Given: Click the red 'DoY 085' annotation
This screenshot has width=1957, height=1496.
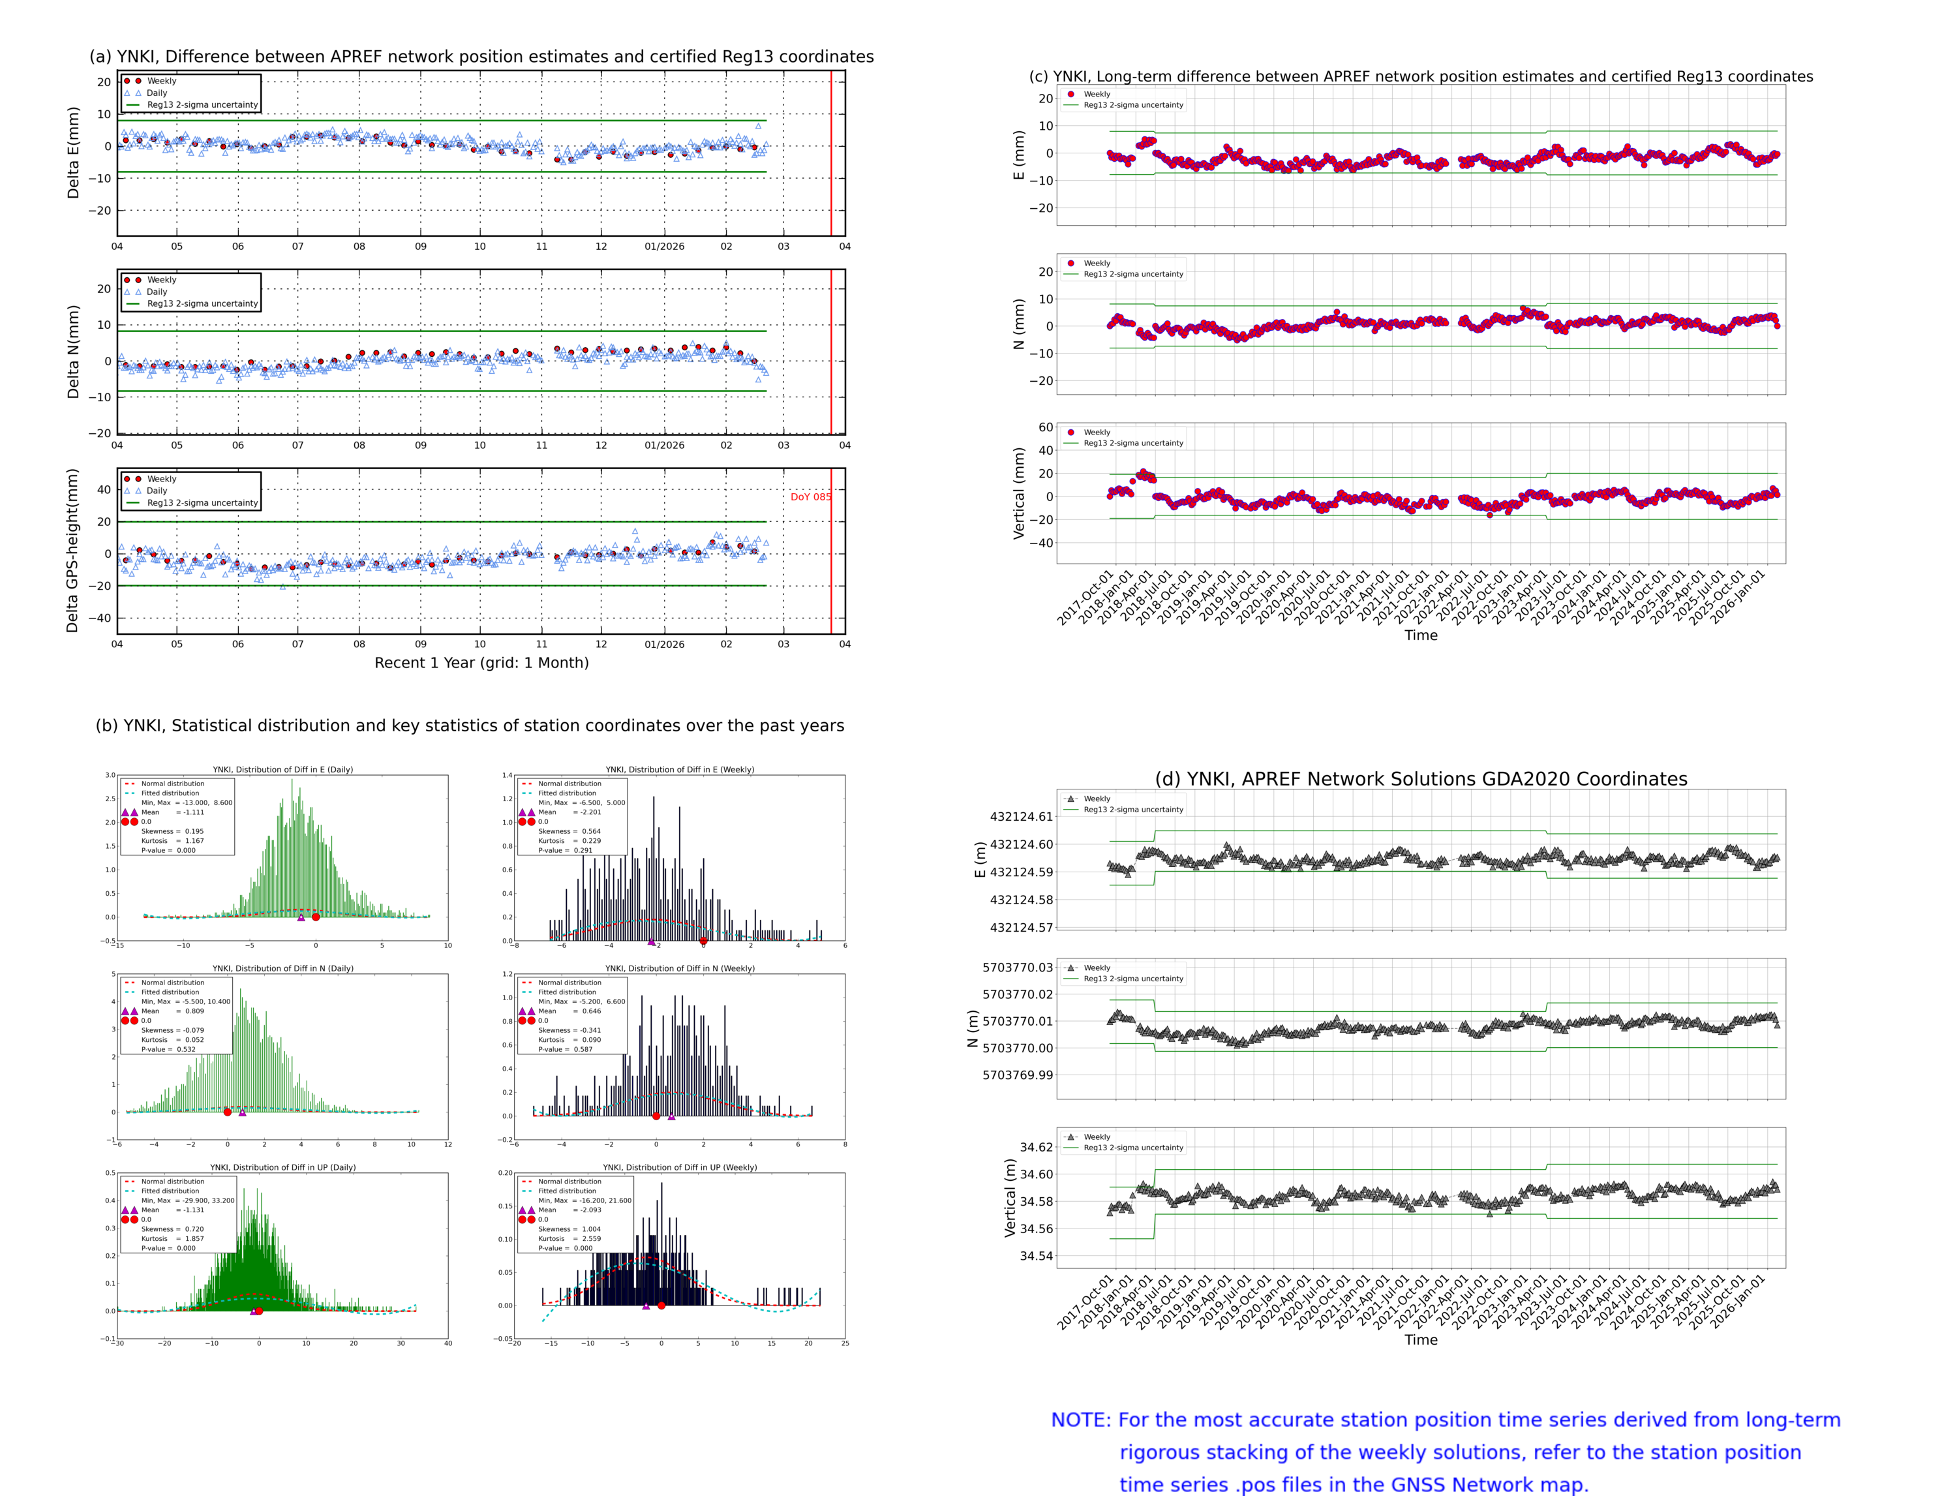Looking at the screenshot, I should [810, 497].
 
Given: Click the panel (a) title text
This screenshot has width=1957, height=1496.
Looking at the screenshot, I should [481, 57].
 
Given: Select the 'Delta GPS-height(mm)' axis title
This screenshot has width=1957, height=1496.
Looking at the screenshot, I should [73, 550].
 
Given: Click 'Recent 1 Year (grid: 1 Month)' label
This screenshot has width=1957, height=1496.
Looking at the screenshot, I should [481, 662].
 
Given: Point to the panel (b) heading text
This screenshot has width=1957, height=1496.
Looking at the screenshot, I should [469, 725].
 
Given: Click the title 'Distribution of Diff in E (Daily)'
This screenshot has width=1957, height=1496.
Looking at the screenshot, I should [282, 769].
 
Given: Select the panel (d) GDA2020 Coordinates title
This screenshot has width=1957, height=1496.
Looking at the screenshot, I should [1420, 779].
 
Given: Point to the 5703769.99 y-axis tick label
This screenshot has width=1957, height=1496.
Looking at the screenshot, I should [1017, 1075].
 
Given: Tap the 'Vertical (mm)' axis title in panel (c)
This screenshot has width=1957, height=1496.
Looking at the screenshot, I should [1018, 493].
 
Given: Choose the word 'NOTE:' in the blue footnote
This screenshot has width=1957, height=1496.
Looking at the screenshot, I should [1081, 1420].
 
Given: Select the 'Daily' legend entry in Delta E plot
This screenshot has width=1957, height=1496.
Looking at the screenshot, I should [157, 93].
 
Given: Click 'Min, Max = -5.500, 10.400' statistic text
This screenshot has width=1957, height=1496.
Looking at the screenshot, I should [185, 1001].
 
